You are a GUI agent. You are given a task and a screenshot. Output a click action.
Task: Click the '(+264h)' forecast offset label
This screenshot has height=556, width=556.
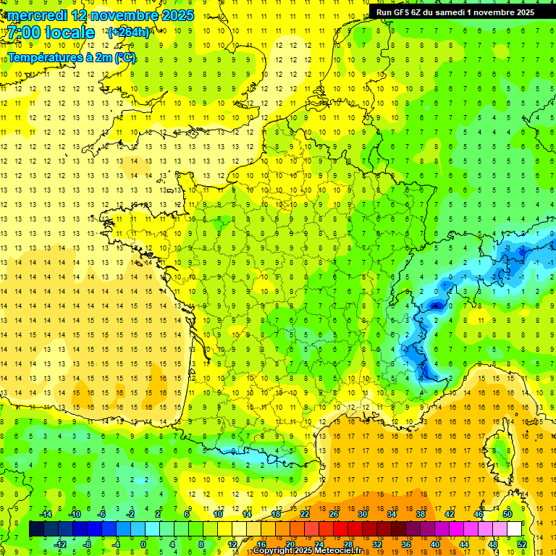click(128, 32)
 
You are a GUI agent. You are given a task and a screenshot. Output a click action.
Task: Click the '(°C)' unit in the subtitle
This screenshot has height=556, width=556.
click(125, 57)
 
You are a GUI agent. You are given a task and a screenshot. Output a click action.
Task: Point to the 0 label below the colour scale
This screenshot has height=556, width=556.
click(143, 544)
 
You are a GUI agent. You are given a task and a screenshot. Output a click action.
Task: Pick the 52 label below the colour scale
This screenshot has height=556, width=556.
click(522, 544)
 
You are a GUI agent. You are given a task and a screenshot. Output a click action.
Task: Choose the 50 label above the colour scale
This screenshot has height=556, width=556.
click(507, 514)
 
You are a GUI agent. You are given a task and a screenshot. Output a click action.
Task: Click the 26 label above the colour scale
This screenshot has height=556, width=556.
click(334, 514)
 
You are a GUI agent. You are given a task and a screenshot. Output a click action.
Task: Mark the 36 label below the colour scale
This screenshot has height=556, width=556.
click(405, 544)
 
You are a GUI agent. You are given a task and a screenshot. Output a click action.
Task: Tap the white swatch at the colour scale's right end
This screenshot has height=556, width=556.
click(515, 529)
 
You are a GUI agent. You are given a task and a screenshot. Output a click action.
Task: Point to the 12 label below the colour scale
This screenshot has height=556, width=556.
click(232, 544)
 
